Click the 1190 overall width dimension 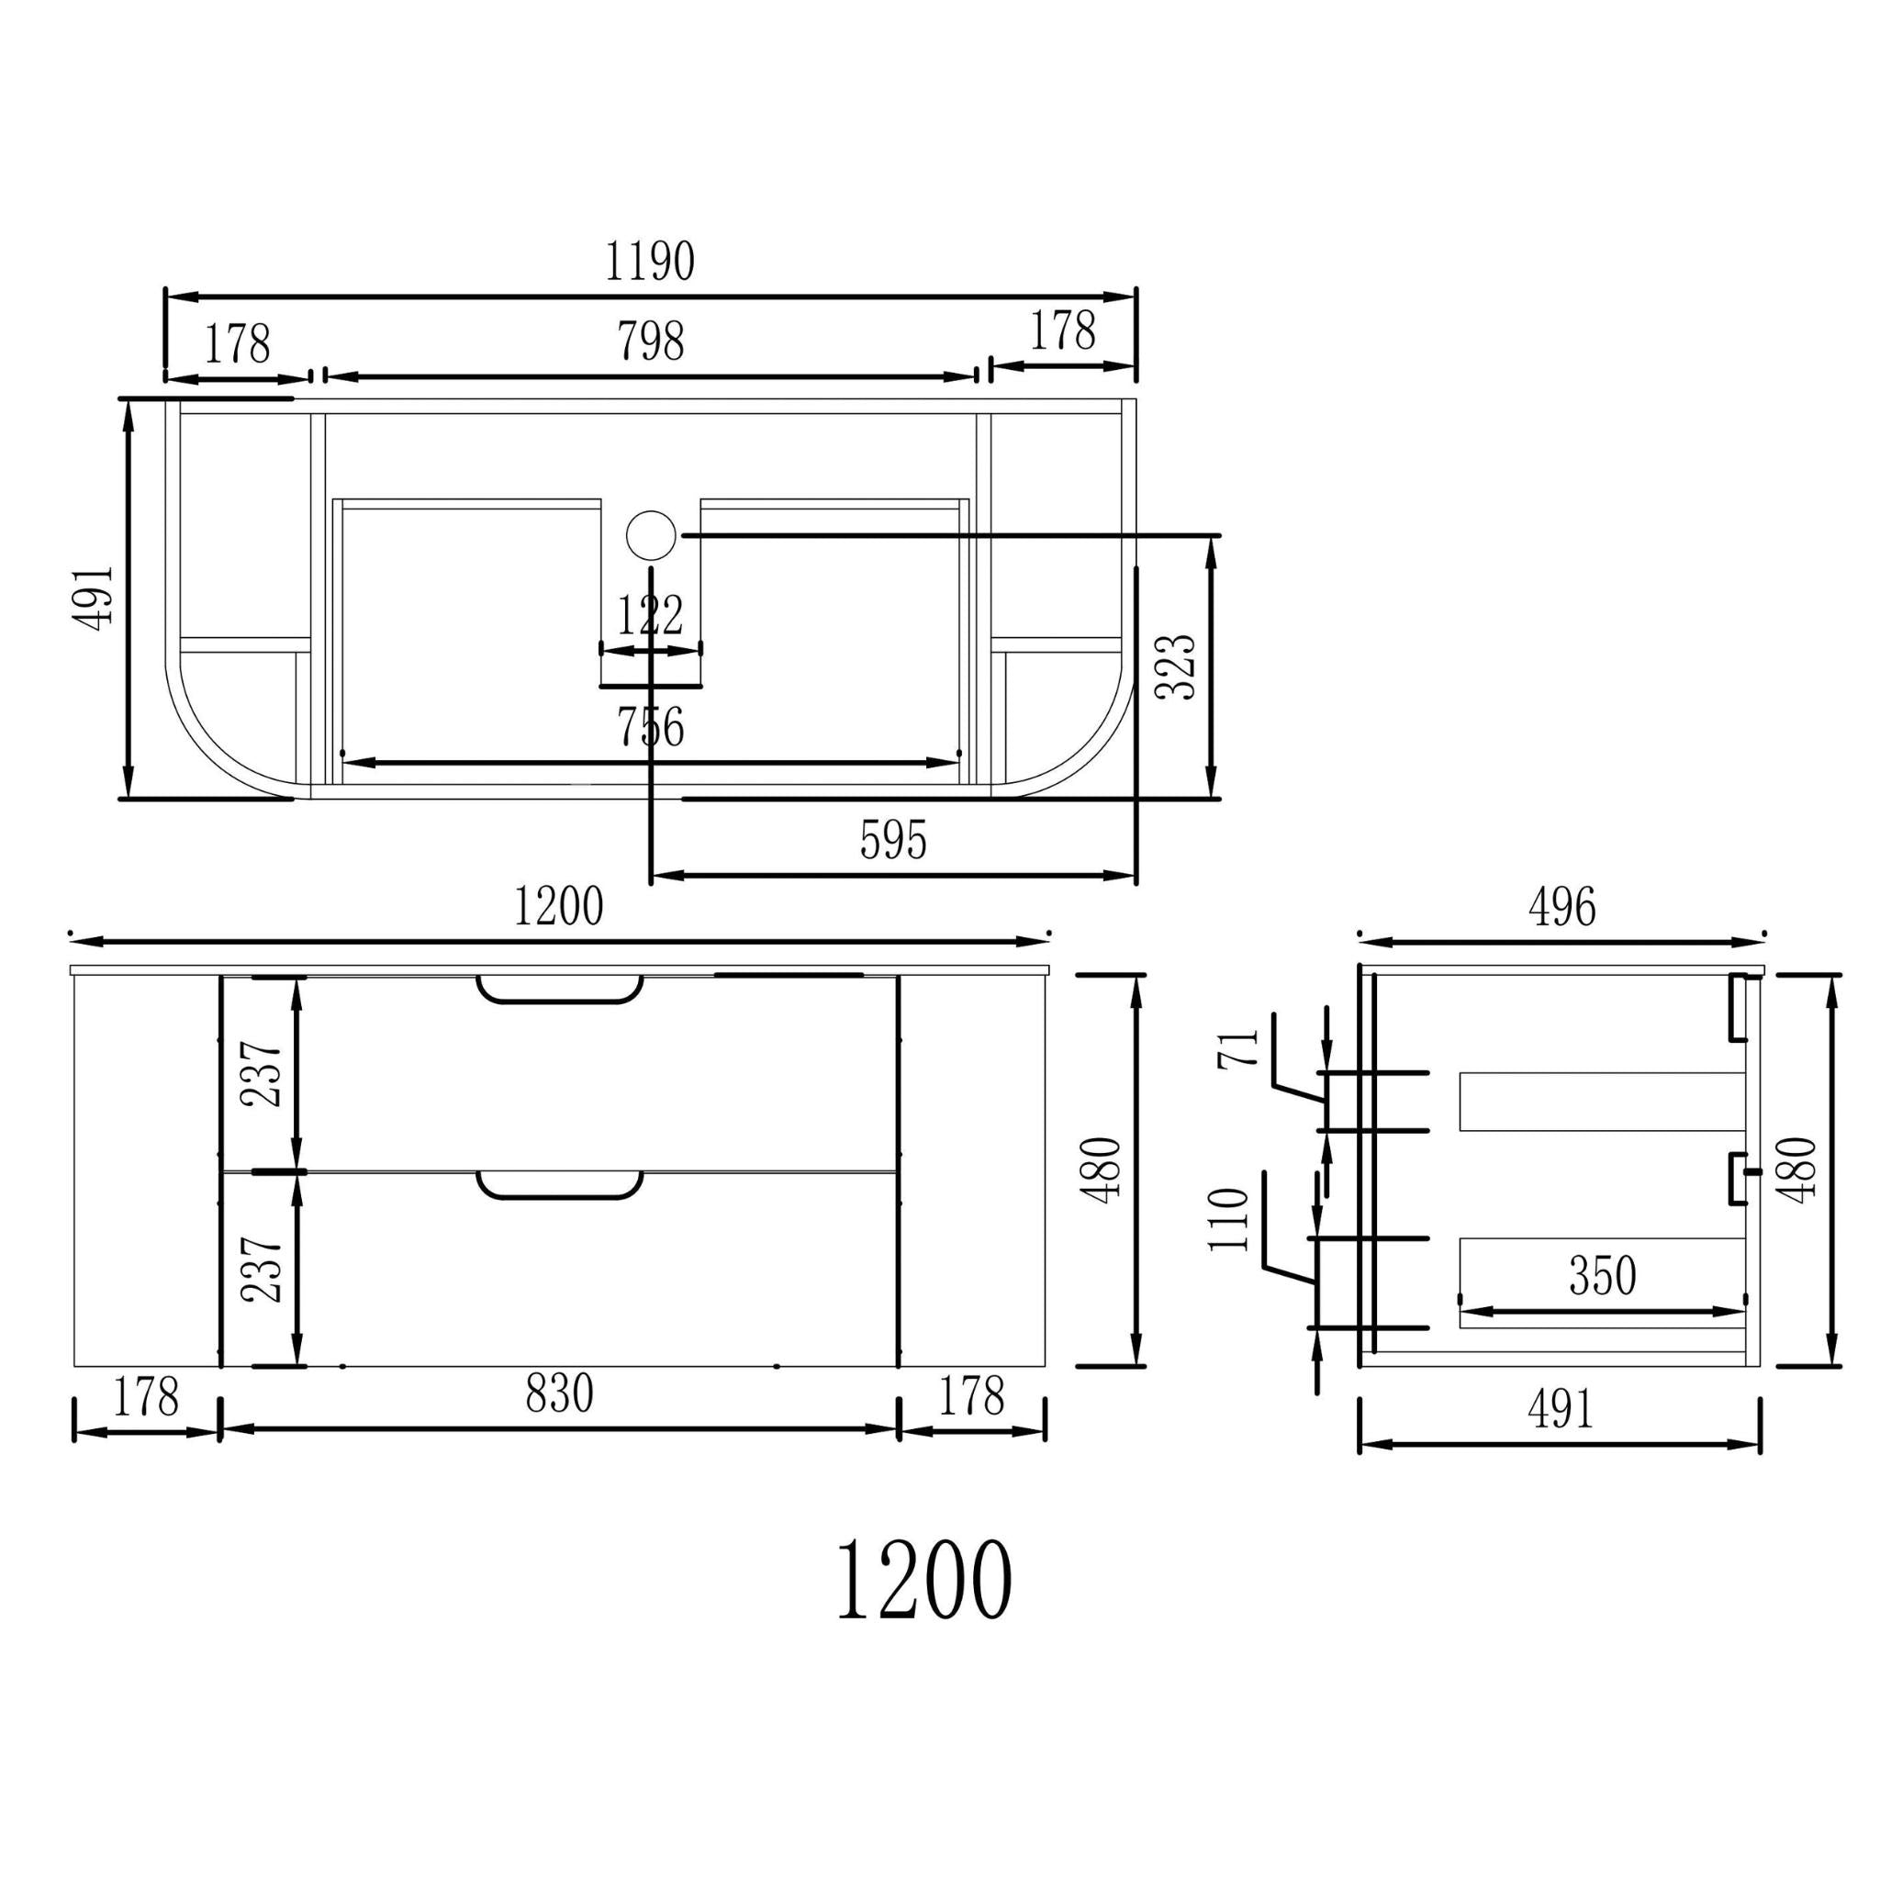coord(649,262)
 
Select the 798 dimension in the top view coord(651,341)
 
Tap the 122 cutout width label coord(650,615)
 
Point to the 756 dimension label coord(651,727)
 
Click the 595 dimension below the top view coord(893,840)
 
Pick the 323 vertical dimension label coord(1174,666)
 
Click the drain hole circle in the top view coord(650,535)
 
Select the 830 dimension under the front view coord(560,1393)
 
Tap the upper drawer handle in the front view coord(560,990)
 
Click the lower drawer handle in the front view coord(560,1185)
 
